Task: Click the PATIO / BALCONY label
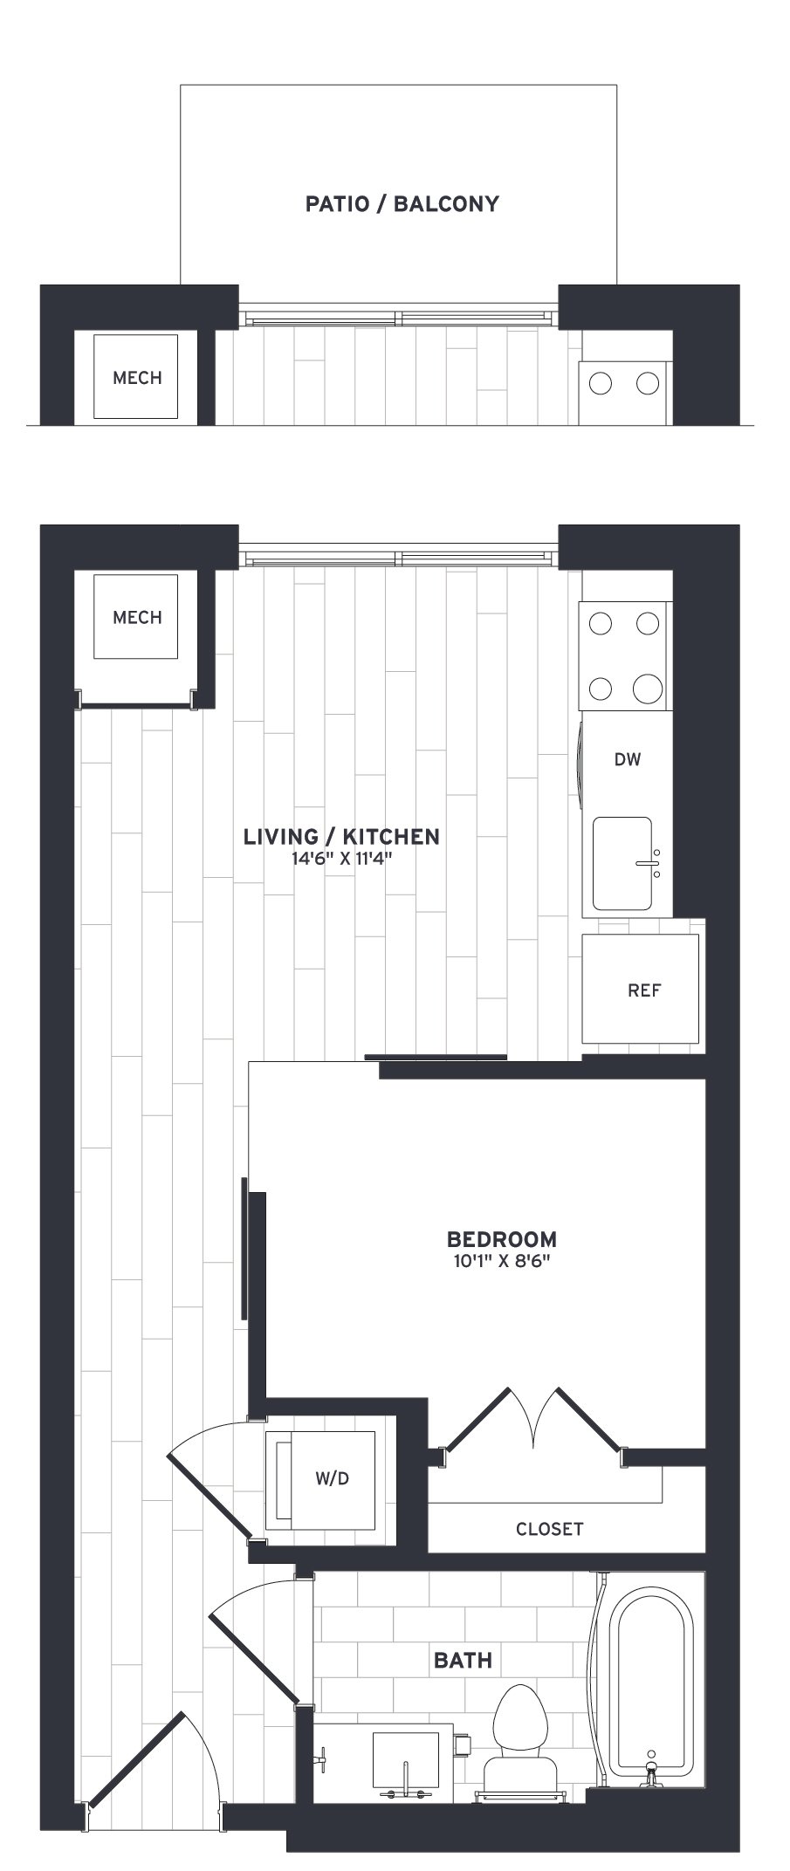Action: [402, 204]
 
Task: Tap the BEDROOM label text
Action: [501, 1238]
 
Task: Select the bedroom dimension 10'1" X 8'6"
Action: [501, 1261]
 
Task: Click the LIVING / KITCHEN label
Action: [341, 836]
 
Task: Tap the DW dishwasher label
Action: [628, 759]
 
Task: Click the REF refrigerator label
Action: [644, 990]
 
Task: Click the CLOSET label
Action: [549, 1529]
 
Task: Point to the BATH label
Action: [463, 1661]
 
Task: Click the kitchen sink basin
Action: [622, 863]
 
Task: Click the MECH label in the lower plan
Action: [137, 618]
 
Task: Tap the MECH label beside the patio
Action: [137, 378]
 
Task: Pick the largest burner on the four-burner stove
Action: [648, 689]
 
